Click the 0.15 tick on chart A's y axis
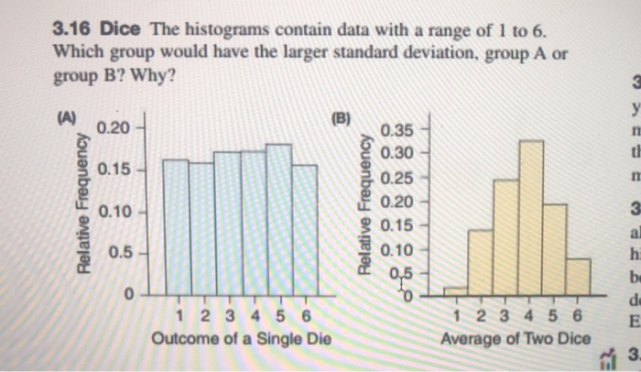click(x=121, y=170)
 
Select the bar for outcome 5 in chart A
click(x=278, y=220)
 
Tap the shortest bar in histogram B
click(x=455, y=291)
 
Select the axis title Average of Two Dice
click(x=516, y=339)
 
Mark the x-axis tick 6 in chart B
click(x=578, y=317)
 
